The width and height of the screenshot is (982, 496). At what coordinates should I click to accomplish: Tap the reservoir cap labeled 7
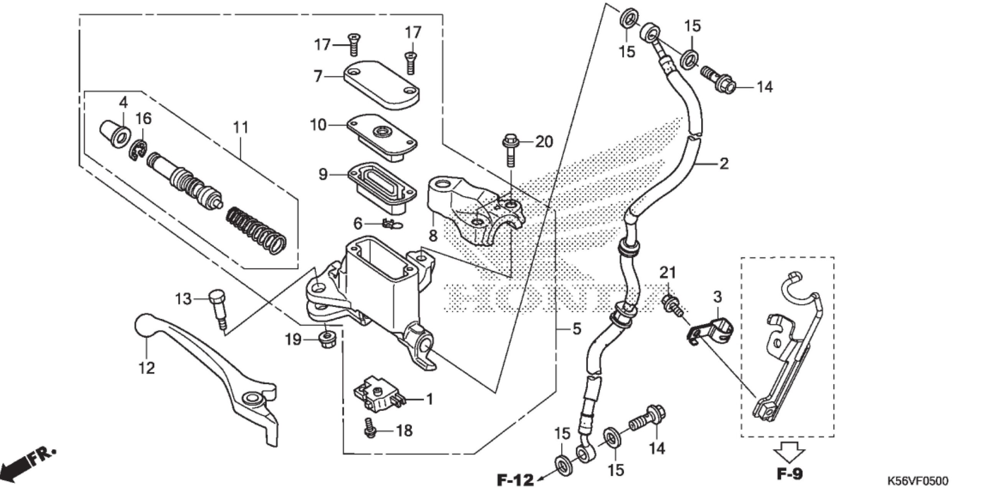382,83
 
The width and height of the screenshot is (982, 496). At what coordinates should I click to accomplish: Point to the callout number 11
241,128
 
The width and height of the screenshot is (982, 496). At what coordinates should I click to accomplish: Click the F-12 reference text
515,480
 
